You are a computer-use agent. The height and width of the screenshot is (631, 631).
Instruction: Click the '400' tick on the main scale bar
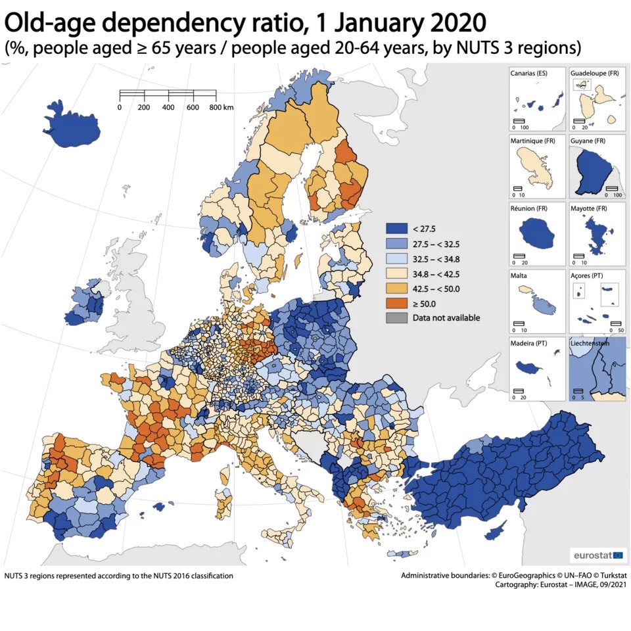coord(168,107)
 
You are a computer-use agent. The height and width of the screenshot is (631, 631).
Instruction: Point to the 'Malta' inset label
coord(519,276)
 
